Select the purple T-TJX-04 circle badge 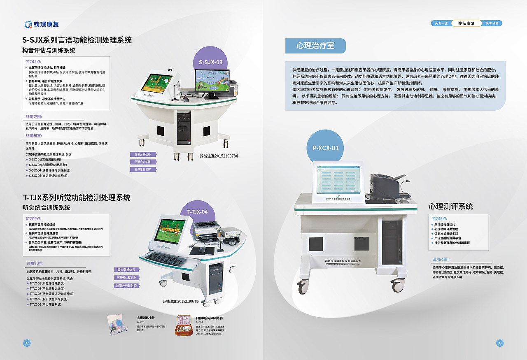point(197,212)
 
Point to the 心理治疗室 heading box point(315,46)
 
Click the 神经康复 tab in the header point(466,23)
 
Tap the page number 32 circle point(27,343)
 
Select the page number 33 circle point(500,343)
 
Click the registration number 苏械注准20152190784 point(219,156)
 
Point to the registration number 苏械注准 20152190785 point(181,302)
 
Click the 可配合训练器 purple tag point(142,162)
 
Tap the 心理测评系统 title point(450,207)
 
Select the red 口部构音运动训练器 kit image point(185,325)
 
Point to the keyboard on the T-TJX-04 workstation point(166,258)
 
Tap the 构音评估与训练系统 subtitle point(49,51)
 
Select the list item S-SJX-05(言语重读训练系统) point(48,176)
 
